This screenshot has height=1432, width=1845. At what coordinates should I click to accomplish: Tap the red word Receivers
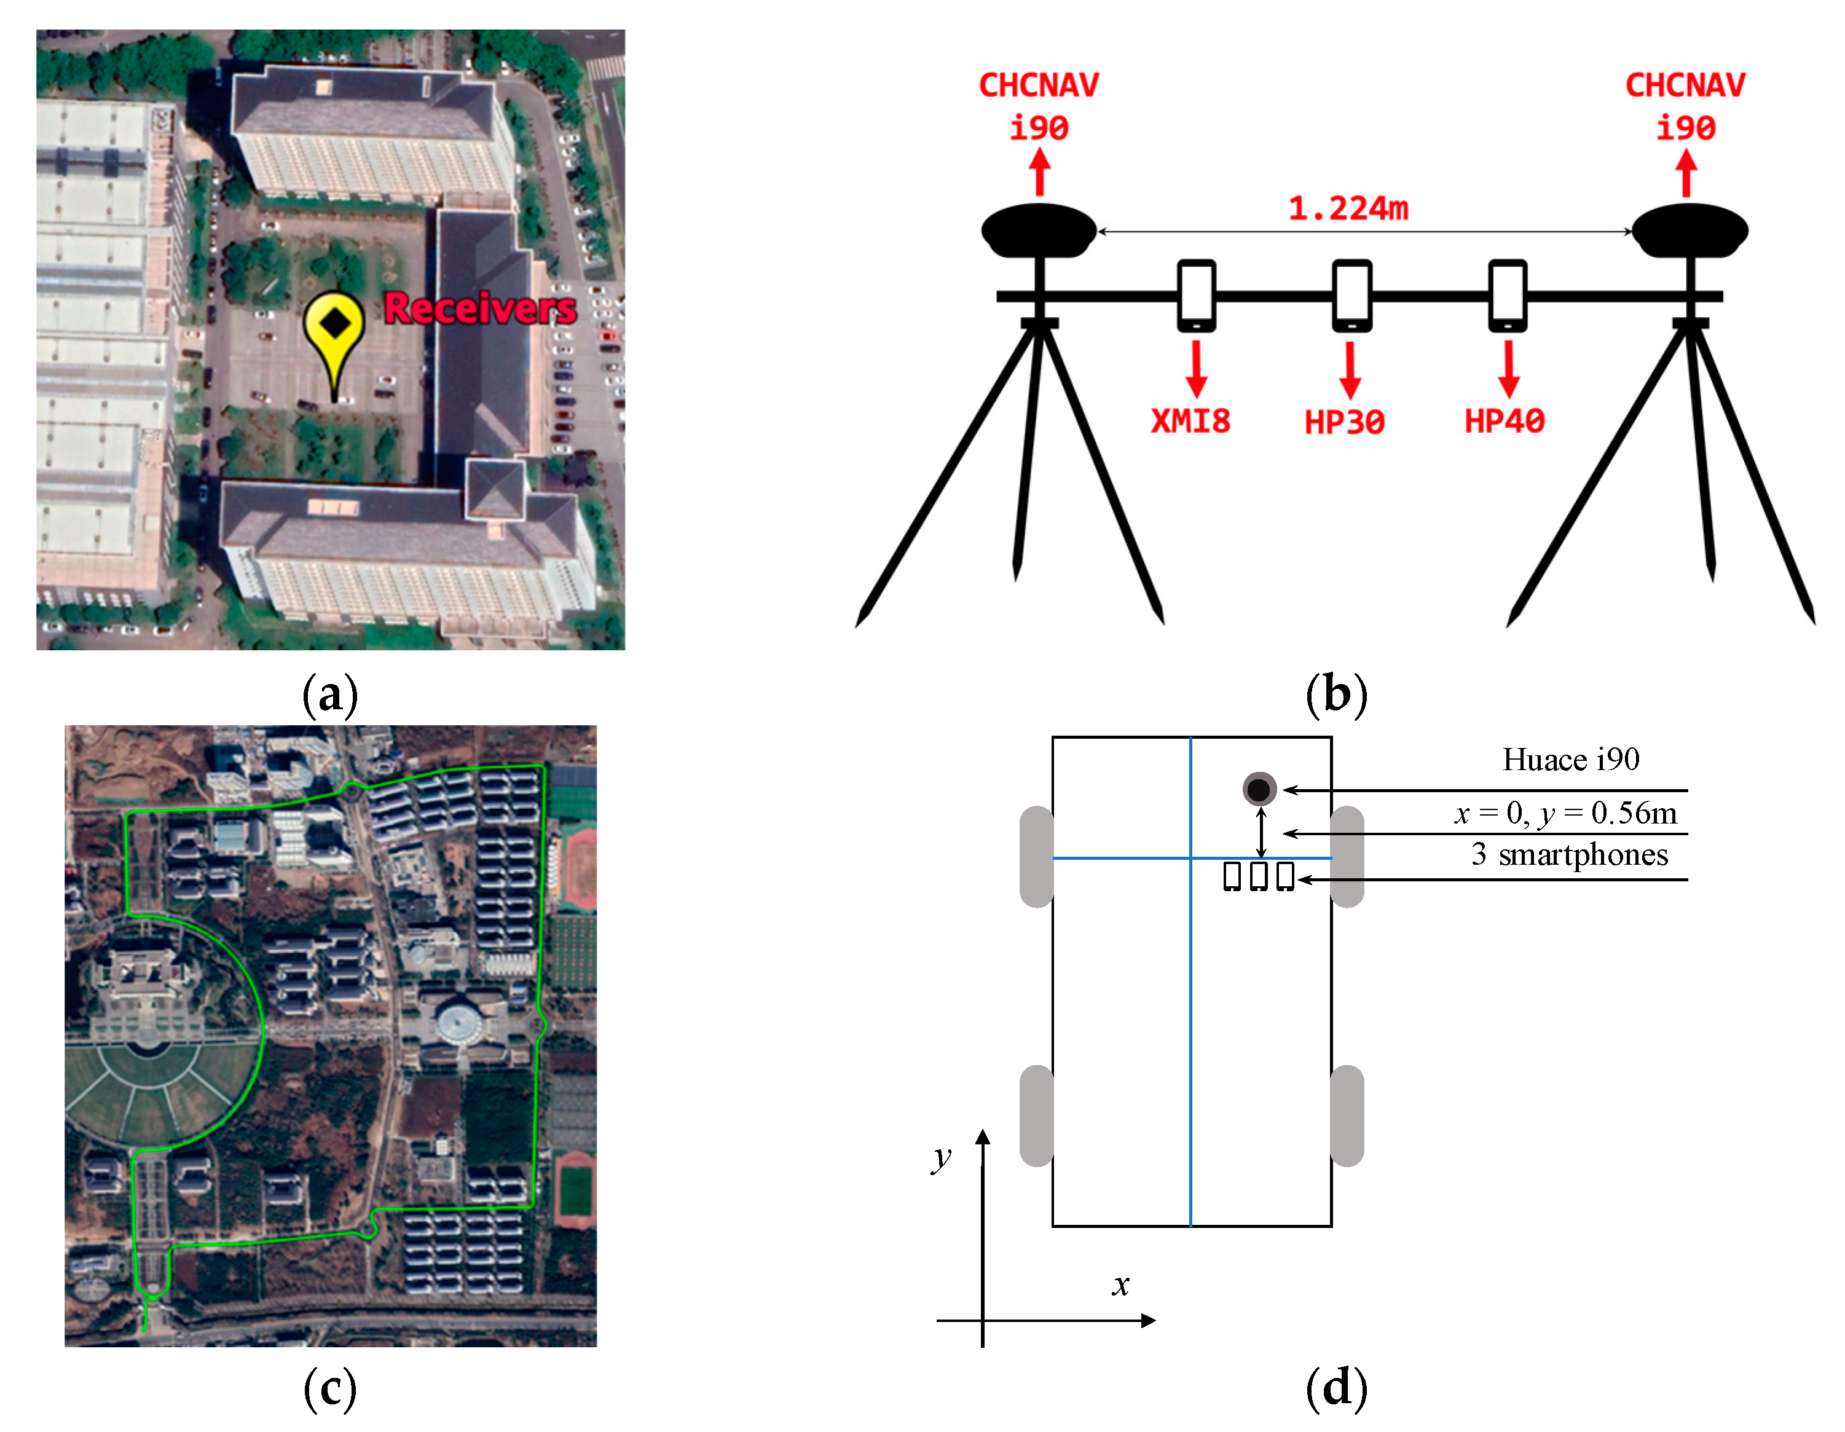pyautogui.click(x=480, y=309)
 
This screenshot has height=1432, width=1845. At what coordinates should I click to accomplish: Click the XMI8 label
pyautogui.click(x=1190, y=422)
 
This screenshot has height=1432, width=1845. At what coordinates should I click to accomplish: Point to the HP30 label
pyautogui.click(x=1345, y=422)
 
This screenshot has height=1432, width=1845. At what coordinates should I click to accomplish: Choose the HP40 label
pyautogui.click(x=1505, y=422)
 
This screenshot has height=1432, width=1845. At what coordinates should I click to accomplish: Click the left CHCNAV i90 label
pyautogui.click(x=1039, y=106)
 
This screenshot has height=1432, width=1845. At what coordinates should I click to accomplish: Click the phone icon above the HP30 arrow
pyautogui.click(x=1351, y=296)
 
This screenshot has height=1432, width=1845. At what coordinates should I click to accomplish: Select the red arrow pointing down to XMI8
pyautogui.click(x=1195, y=369)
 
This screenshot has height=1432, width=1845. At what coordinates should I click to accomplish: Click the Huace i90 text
pyautogui.click(x=1570, y=760)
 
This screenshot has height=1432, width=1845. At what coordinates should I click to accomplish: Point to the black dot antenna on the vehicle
pyautogui.click(x=1259, y=789)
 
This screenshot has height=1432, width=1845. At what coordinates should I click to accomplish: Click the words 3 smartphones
pyautogui.click(x=1569, y=855)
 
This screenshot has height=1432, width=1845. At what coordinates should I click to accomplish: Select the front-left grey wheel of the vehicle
pyautogui.click(x=1037, y=857)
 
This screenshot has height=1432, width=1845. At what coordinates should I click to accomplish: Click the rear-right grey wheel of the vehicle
pyautogui.click(x=1347, y=1116)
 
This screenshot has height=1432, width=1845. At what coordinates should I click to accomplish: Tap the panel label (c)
pyautogui.click(x=329, y=1389)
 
